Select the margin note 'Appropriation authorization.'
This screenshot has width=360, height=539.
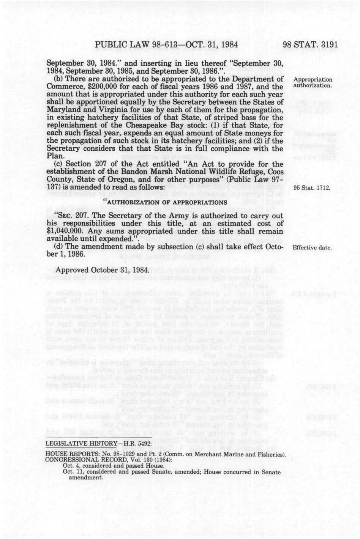(x=313, y=82)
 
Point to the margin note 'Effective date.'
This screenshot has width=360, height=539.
(x=312, y=248)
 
